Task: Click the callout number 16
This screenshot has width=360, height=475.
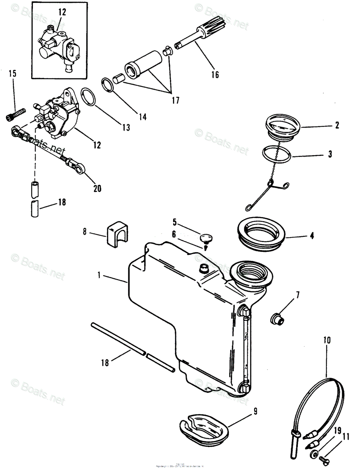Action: coord(215,74)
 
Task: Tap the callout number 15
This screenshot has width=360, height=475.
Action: coord(13,74)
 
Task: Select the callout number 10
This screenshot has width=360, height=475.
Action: coord(327,340)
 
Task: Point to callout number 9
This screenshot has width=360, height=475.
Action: coord(255,411)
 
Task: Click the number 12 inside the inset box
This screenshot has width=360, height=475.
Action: coord(62,12)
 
